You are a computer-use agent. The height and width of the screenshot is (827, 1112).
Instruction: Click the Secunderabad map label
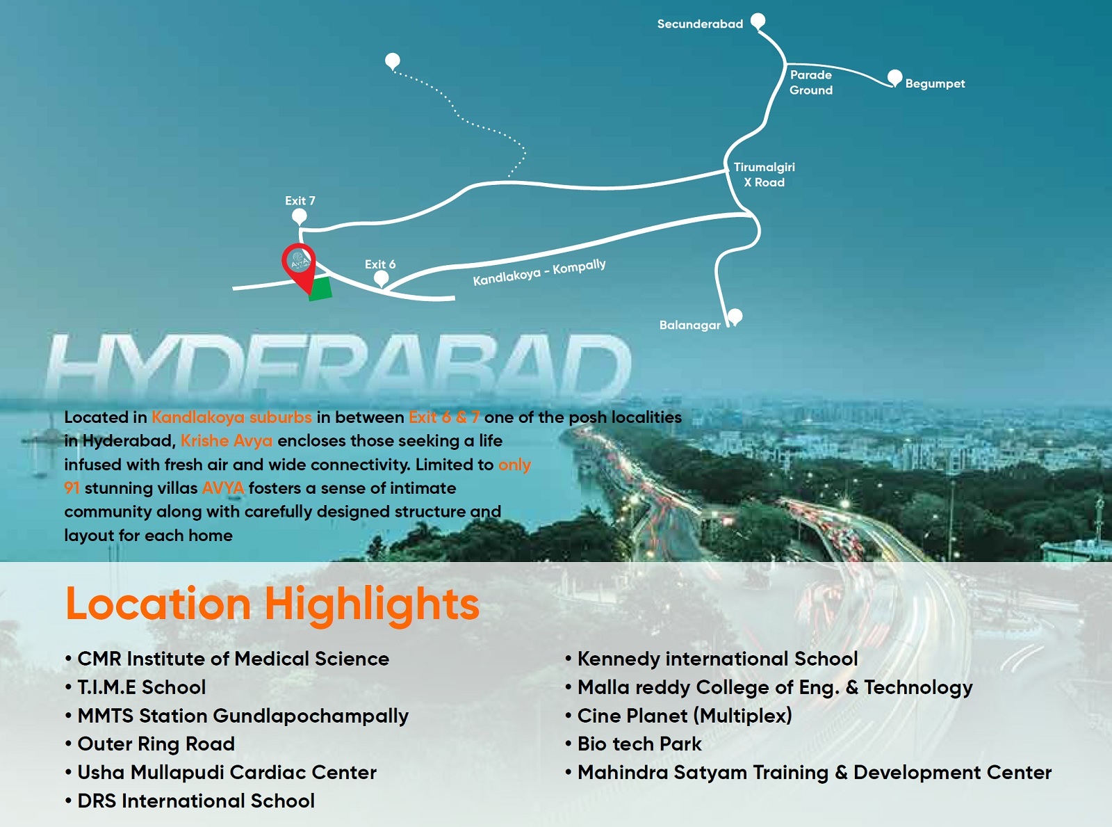[700, 24]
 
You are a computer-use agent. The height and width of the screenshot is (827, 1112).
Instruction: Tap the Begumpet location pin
[895, 79]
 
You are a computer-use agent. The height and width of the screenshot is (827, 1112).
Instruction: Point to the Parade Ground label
[810, 82]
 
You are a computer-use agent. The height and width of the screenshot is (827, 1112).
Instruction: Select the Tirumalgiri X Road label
[764, 175]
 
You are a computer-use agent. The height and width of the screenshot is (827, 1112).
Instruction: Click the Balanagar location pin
[735, 317]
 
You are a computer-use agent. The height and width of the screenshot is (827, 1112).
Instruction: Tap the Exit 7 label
[300, 201]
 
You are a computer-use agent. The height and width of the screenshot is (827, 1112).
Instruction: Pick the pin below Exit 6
[381, 278]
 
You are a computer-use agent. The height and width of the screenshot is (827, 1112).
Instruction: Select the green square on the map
[320, 289]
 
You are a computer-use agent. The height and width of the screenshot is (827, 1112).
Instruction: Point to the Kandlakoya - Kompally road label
[539, 273]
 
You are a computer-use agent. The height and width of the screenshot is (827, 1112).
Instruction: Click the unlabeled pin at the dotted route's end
[393, 62]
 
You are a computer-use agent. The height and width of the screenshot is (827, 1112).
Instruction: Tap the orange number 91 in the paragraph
[72, 488]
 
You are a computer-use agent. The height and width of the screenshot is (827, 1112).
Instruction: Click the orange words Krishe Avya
[226, 440]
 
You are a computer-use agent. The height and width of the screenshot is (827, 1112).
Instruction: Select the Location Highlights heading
[272, 604]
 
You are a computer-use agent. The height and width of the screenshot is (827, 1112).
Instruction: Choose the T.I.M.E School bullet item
[136, 687]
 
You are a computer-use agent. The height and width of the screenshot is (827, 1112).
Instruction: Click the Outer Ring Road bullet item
[150, 744]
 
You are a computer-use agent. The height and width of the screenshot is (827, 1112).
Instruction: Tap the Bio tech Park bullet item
[633, 744]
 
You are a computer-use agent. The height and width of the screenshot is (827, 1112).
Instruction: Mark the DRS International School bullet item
[190, 801]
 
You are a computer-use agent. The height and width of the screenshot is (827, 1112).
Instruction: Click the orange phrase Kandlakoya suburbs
[231, 417]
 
